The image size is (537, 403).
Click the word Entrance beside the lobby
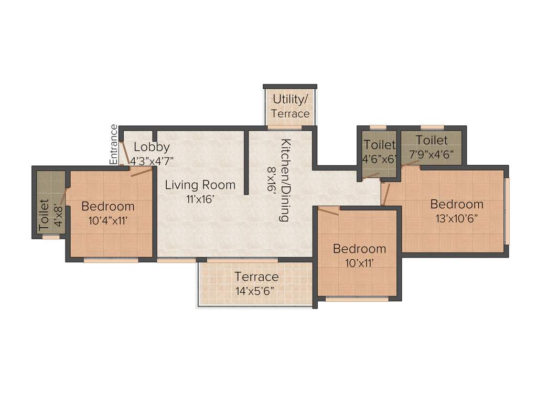113,144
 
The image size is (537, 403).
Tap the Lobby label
152,147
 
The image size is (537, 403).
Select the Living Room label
200,185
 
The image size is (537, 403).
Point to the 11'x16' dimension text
200,198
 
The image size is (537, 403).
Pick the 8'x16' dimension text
272,181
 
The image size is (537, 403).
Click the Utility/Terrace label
290,106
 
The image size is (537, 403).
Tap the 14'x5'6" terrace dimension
256,290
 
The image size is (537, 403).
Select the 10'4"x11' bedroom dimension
109,220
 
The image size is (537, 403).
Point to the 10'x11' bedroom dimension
359,262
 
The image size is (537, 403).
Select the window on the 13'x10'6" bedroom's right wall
507,211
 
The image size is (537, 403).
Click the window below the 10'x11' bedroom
357,299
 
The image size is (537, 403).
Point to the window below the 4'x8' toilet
51,237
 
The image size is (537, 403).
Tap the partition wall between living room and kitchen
246,163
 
